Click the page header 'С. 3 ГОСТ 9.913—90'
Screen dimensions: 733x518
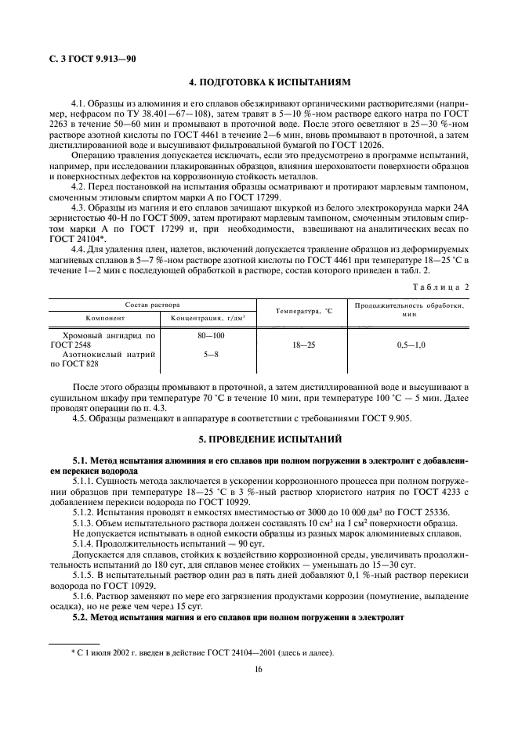point(85,59)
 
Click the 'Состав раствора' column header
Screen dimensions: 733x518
point(153,304)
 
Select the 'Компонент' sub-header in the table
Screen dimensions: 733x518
point(102,317)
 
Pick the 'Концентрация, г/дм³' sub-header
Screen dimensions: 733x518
point(208,317)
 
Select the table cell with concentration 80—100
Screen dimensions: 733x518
point(208,335)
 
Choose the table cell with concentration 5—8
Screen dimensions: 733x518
point(208,354)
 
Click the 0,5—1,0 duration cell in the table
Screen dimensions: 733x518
point(408,345)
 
